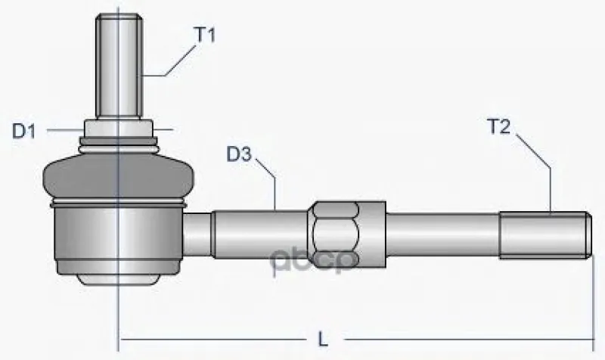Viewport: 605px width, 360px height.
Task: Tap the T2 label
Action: coord(499,126)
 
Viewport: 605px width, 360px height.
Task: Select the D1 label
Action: coord(24,132)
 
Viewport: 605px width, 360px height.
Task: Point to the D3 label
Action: coord(239,154)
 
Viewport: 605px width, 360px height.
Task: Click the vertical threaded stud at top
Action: coord(119,66)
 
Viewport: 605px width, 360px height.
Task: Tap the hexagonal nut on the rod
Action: coord(335,234)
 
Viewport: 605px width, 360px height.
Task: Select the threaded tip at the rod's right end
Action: coord(545,235)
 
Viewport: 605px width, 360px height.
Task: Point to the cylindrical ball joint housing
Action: coord(118,238)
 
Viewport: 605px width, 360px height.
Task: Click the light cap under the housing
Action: coord(118,279)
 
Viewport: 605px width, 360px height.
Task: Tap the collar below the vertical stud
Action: coord(119,128)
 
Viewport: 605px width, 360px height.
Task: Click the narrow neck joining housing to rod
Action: coord(197,235)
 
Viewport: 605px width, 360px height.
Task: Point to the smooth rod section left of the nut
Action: coord(259,234)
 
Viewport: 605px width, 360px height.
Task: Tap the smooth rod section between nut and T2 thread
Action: coord(442,234)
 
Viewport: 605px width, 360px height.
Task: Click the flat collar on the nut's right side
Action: coord(373,234)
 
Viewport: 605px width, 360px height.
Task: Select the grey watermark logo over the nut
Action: coord(313,261)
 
